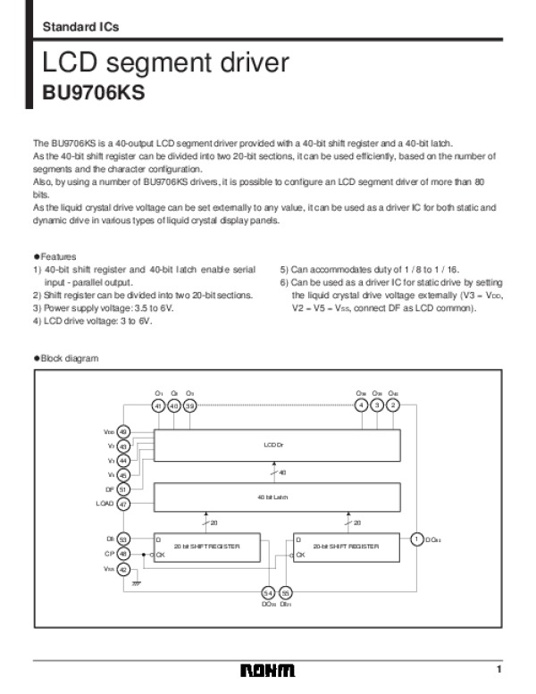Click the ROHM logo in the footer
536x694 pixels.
point(267,671)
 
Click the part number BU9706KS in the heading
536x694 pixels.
point(94,92)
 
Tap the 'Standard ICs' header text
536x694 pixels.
point(80,27)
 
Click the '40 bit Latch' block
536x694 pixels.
point(272,496)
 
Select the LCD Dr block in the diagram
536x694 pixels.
point(272,444)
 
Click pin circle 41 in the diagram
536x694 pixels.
point(159,405)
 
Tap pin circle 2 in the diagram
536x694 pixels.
point(393,405)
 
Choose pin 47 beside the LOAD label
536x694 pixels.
point(124,504)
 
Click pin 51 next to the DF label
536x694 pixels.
point(124,489)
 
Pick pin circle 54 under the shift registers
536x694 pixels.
point(268,593)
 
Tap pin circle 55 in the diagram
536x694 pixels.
point(286,593)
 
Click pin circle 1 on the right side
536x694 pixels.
point(416,539)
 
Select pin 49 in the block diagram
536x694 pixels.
point(124,431)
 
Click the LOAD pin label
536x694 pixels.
point(105,504)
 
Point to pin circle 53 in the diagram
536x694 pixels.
point(124,539)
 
